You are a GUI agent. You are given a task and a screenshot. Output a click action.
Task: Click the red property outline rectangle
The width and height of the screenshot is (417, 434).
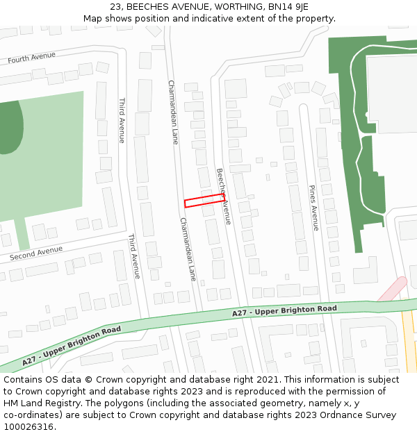pos(204,200)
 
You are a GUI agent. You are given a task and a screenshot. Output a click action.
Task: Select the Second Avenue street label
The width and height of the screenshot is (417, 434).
pos(36,253)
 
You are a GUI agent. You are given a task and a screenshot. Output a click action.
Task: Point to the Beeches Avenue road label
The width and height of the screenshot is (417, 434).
pos(223,196)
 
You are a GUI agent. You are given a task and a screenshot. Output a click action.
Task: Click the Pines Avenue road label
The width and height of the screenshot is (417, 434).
pos(313,207)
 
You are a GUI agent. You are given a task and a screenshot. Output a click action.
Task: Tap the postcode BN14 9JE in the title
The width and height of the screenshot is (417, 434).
pos(287,7)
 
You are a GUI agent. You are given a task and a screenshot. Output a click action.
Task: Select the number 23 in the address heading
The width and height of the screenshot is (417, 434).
pos(115,7)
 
